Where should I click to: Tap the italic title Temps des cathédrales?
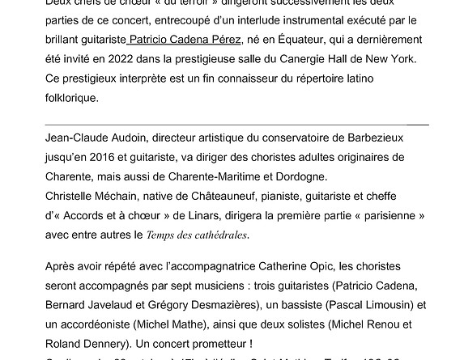197,236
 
